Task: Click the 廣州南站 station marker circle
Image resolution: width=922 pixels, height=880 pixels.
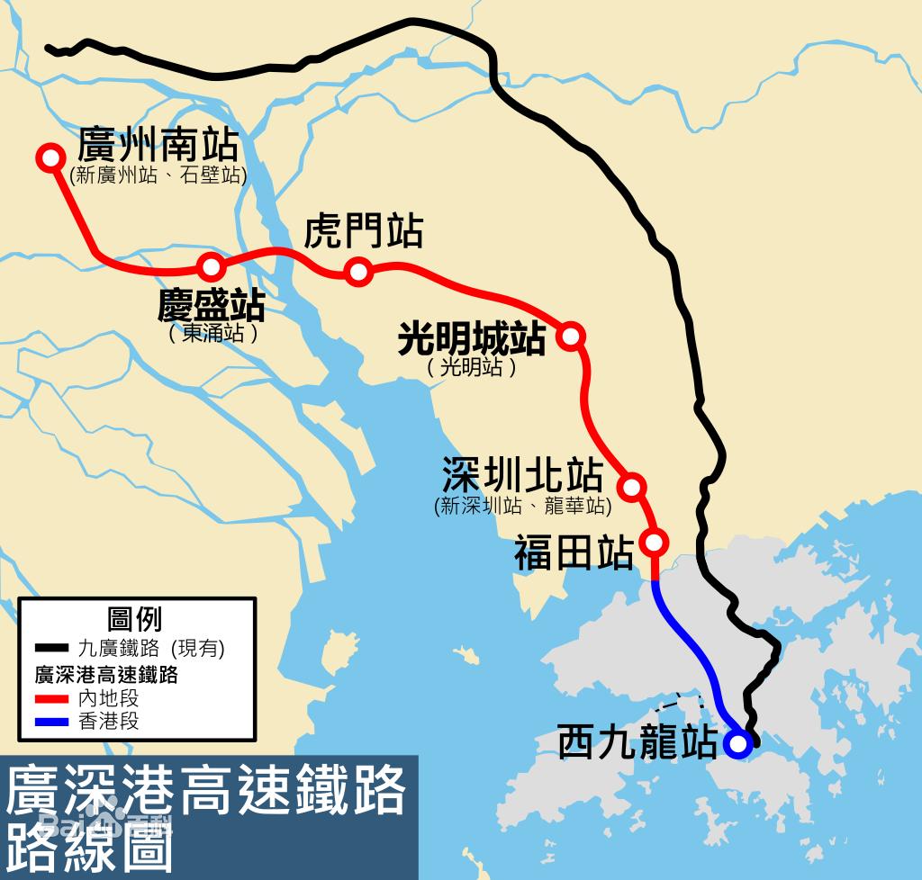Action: point(49,157)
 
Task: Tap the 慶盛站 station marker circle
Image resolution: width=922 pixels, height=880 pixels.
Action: point(211,266)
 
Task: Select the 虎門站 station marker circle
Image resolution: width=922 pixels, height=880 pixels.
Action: point(358,271)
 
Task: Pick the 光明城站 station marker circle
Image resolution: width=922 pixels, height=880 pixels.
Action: point(571,336)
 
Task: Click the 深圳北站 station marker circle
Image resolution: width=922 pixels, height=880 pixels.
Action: point(632,487)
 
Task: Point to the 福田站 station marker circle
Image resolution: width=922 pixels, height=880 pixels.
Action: point(655,543)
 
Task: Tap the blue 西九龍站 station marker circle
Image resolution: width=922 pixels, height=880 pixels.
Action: point(737,744)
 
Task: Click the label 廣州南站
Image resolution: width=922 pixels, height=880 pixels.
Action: point(158,144)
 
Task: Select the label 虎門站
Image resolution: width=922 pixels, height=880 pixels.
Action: point(363,231)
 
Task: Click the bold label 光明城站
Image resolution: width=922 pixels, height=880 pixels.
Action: point(472,339)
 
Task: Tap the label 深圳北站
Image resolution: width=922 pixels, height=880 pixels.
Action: point(521,474)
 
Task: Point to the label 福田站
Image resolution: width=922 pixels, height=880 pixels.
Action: point(573,553)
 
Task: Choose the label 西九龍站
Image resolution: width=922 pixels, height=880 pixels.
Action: point(637,744)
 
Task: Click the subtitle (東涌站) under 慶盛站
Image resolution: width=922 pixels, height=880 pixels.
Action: point(213,334)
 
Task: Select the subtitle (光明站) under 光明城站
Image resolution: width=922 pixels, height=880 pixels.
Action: point(472,367)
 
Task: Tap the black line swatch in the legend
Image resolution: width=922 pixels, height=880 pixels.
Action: point(52,648)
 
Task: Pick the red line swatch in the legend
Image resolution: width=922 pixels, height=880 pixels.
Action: point(52,697)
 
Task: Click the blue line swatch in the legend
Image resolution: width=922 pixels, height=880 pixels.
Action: point(52,722)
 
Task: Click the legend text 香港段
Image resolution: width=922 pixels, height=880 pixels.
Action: point(109,722)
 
